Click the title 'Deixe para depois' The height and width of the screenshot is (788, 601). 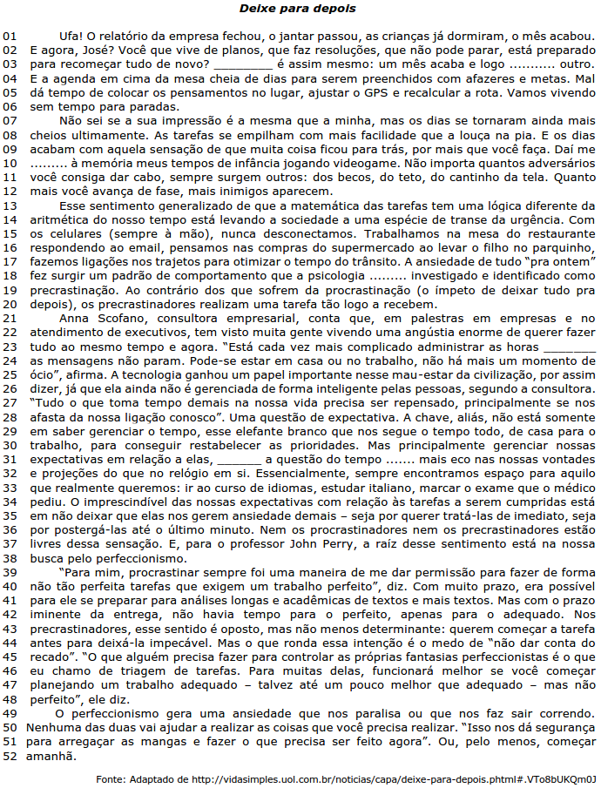(x=299, y=8)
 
